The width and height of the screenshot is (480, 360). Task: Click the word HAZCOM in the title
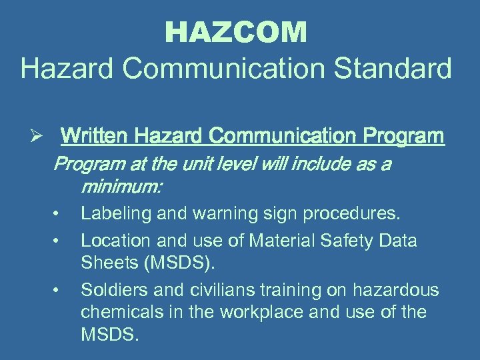pos(236,32)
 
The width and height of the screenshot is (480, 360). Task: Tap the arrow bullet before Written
pos(39,137)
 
